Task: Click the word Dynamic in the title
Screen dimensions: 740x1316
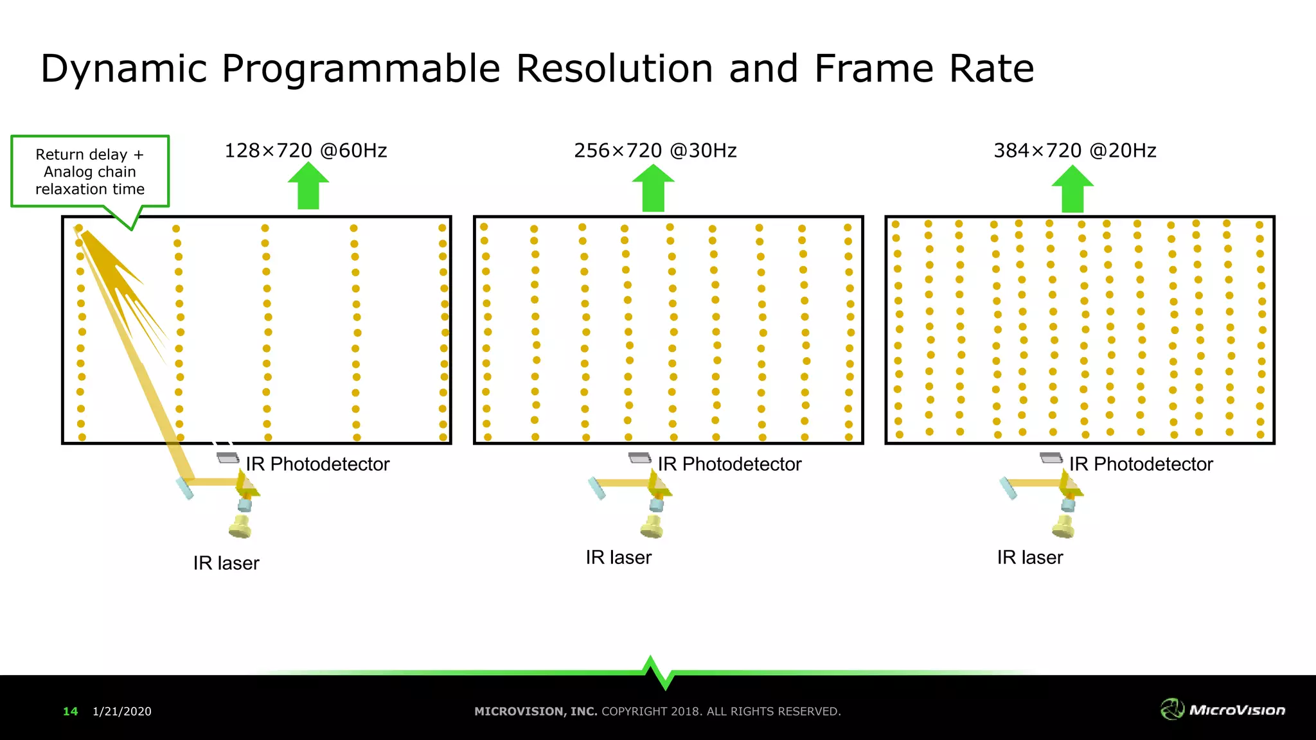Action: (x=123, y=69)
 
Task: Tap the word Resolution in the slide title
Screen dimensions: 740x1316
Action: (x=614, y=69)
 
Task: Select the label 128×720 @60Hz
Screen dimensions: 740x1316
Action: (x=306, y=151)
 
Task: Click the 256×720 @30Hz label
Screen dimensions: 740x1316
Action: (x=655, y=151)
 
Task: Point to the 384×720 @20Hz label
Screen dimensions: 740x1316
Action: (x=1075, y=151)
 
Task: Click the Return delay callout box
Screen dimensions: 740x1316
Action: (x=90, y=172)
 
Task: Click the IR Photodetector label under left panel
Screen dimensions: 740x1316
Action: (x=317, y=464)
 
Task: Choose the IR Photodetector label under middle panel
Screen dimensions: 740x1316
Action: (x=729, y=464)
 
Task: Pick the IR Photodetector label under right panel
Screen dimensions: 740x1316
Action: (x=1141, y=464)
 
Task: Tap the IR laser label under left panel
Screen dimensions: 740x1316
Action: (x=226, y=563)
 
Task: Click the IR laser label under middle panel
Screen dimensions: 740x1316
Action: (x=618, y=558)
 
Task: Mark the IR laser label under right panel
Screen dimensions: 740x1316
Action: (x=1030, y=558)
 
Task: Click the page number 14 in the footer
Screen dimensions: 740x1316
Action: (x=70, y=712)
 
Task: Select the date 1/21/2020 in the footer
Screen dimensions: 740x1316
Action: (x=122, y=712)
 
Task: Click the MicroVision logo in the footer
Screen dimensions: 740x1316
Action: (x=1223, y=710)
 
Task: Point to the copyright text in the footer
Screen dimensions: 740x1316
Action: (x=657, y=712)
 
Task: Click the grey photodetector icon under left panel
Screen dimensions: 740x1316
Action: (x=227, y=458)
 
